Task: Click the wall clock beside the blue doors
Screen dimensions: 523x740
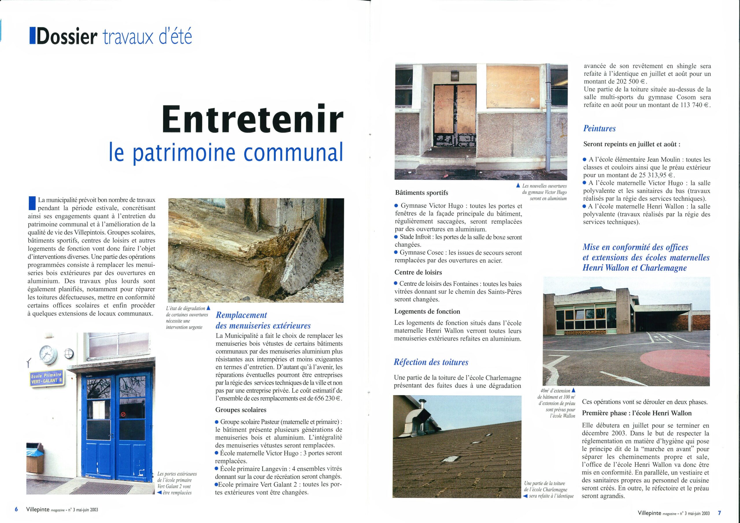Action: click(x=48, y=355)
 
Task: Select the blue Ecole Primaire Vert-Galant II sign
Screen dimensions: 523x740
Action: click(x=47, y=378)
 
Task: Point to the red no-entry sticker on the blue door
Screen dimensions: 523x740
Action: click(x=123, y=414)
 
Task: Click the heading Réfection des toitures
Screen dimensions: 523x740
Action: click(x=431, y=362)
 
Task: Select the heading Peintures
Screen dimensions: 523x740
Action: click(x=599, y=129)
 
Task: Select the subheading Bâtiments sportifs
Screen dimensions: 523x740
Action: click(x=421, y=193)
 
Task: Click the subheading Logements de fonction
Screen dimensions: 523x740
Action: click(x=427, y=311)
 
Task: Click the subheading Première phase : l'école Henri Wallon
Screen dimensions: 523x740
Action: click(x=637, y=413)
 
